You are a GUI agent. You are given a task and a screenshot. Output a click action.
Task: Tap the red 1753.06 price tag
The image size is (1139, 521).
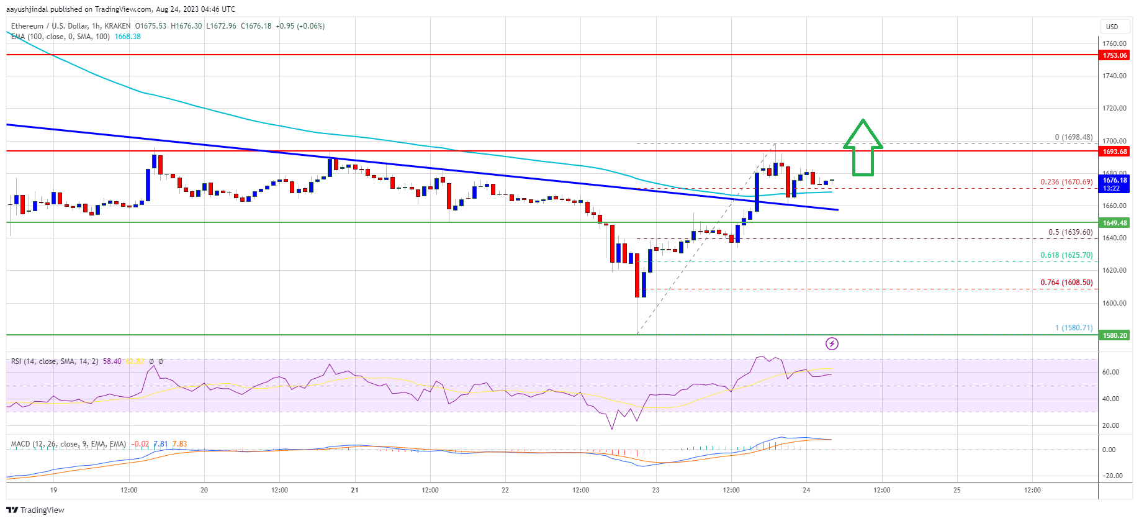(x=1114, y=55)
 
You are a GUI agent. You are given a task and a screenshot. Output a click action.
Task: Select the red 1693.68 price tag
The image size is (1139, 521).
(x=1114, y=152)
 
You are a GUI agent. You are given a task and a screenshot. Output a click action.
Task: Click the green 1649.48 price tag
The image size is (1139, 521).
(x=1114, y=223)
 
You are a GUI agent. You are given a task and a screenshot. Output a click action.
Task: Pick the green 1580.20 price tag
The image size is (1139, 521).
(x=1114, y=335)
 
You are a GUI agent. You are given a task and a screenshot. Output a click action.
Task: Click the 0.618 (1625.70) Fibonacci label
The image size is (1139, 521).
(x=1066, y=255)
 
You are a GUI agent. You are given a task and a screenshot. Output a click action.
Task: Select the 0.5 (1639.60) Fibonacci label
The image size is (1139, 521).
(x=1070, y=232)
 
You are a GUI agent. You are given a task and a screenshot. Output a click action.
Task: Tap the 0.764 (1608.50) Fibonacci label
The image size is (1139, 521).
(x=1066, y=283)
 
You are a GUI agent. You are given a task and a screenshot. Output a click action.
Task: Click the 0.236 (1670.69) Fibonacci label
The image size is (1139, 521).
(x=1066, y=182)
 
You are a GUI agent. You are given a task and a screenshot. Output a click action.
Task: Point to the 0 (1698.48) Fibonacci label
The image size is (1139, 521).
(x=1073, y=137)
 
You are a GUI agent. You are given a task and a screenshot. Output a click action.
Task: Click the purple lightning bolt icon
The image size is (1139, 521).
(x=832, y=343)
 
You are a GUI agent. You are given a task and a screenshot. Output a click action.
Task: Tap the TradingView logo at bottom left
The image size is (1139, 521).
(x=35, y=510)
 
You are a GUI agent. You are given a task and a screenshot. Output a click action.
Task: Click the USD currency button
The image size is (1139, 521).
(x=1112, y=27)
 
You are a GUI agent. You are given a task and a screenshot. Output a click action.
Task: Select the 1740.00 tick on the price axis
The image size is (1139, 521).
(x=1114, y=76)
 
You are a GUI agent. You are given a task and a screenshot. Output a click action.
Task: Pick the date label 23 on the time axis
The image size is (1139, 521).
(x=655, y=490)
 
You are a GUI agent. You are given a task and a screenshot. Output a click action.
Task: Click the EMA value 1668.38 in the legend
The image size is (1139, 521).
(x=127, y=37)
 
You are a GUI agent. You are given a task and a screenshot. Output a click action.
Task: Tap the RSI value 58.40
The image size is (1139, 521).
(x=112, y=361)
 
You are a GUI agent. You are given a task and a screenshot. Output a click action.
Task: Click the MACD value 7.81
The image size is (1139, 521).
(x=160, y=444)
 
